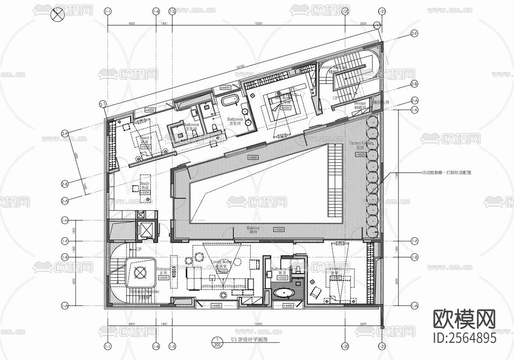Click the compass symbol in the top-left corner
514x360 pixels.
(x=57, y=15)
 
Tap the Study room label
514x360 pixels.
(x=145, y=184)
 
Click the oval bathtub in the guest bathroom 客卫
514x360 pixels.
(x=284, y=294)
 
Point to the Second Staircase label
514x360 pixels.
(x=333, y=69)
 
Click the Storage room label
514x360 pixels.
(x=360, y=105)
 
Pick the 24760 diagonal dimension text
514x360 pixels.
(x=240, y=67)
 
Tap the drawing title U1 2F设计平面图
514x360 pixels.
(x=249, y=339)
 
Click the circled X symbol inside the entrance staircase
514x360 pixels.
(x=140, y=272)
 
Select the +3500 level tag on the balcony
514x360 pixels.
(x=278, y=230)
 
